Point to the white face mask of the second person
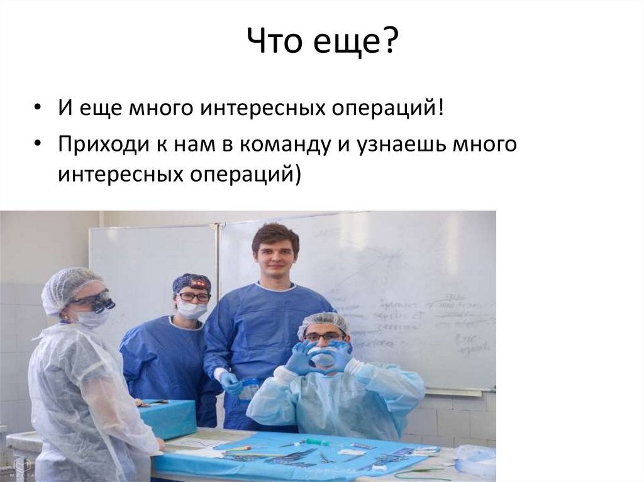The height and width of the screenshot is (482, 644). pyautogui.click(x=191, y=309)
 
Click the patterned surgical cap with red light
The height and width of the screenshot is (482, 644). pyautogui.click(x=191, y=282)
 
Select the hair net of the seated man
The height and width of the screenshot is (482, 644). pyautogui.click(x=323, y=322)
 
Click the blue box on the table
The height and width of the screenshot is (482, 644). pyautogui.click(x=169, y=417)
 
